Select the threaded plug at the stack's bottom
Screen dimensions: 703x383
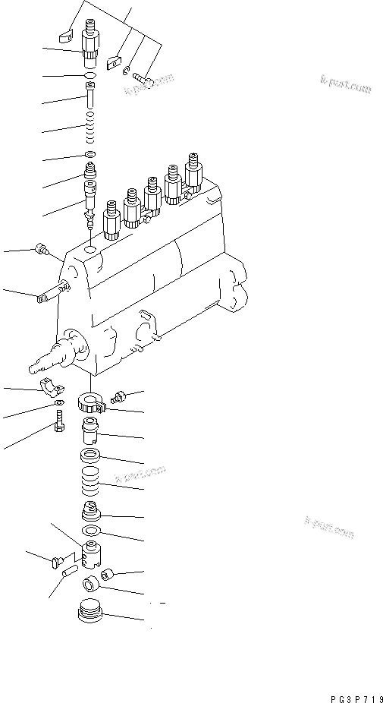(91, 610)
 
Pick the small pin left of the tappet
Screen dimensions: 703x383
(67, 566)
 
